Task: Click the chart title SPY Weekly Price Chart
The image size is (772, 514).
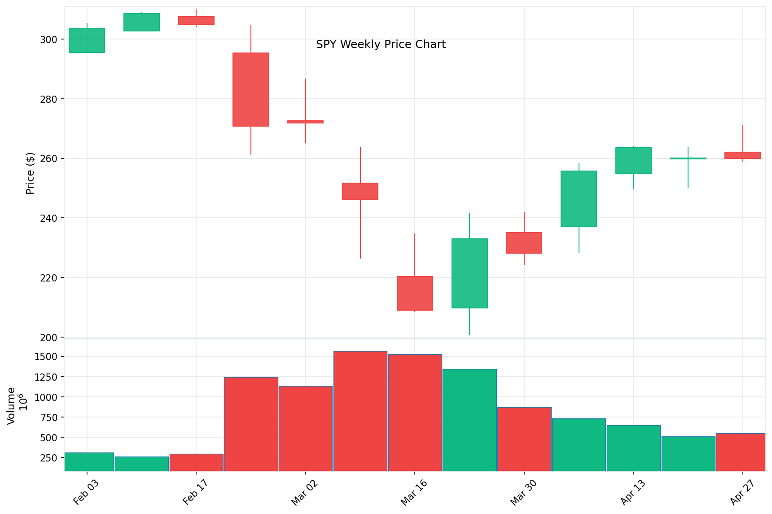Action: click(381, 44)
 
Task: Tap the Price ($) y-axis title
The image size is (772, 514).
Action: click(30, 173)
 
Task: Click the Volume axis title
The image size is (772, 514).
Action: click(11, 405)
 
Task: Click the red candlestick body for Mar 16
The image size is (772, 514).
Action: click(415, 293)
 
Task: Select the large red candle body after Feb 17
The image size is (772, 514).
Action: click(251, 89)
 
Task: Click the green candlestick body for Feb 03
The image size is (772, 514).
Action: click(87, 40)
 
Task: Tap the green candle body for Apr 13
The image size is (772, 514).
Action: click(633, 161)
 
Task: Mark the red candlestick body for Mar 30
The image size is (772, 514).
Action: click(524, 243)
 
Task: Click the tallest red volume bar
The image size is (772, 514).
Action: click(360, 411)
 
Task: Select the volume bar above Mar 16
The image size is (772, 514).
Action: click(415, 413)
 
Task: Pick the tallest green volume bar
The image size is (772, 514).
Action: click(469, 420)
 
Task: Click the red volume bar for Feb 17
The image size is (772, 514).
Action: click(196, 462)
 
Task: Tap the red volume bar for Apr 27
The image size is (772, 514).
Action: click(741, 452)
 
